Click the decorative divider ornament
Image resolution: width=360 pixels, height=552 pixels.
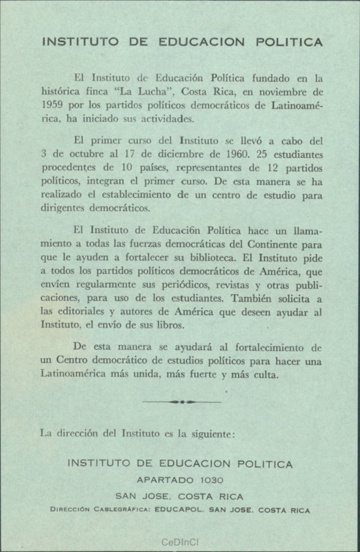click(x=179, y=400)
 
